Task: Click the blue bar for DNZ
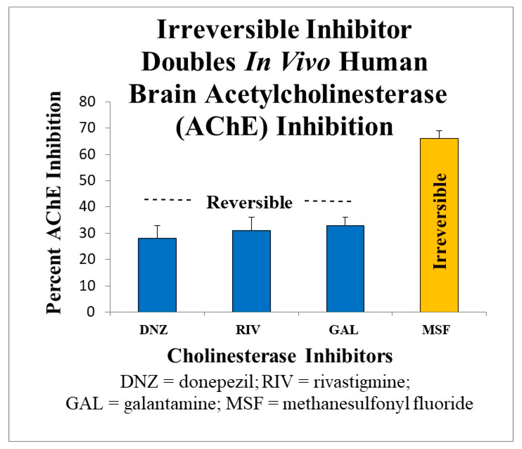(x=157, y=275)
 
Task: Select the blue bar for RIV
(x=251, y=271)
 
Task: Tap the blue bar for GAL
(x=345, y=268)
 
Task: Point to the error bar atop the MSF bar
(x=439, y=134)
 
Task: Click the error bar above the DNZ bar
(x=157, y=232)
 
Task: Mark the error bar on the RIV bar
(x=251, y=224)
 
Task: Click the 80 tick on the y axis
(x=87, y=102)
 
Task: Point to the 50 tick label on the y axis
(x=87, y=180)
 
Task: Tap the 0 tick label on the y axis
(x=90, y=312)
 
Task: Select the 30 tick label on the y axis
(x=87, y=233)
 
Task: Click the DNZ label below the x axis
(x=153, y=330)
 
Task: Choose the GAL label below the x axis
(x=343, y=330)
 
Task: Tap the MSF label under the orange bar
(x=436, y=330)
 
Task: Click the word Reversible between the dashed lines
(x=249, y=203)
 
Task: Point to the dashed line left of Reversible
(x=167, y=199)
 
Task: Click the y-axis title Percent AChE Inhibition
(x=54, y=203)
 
